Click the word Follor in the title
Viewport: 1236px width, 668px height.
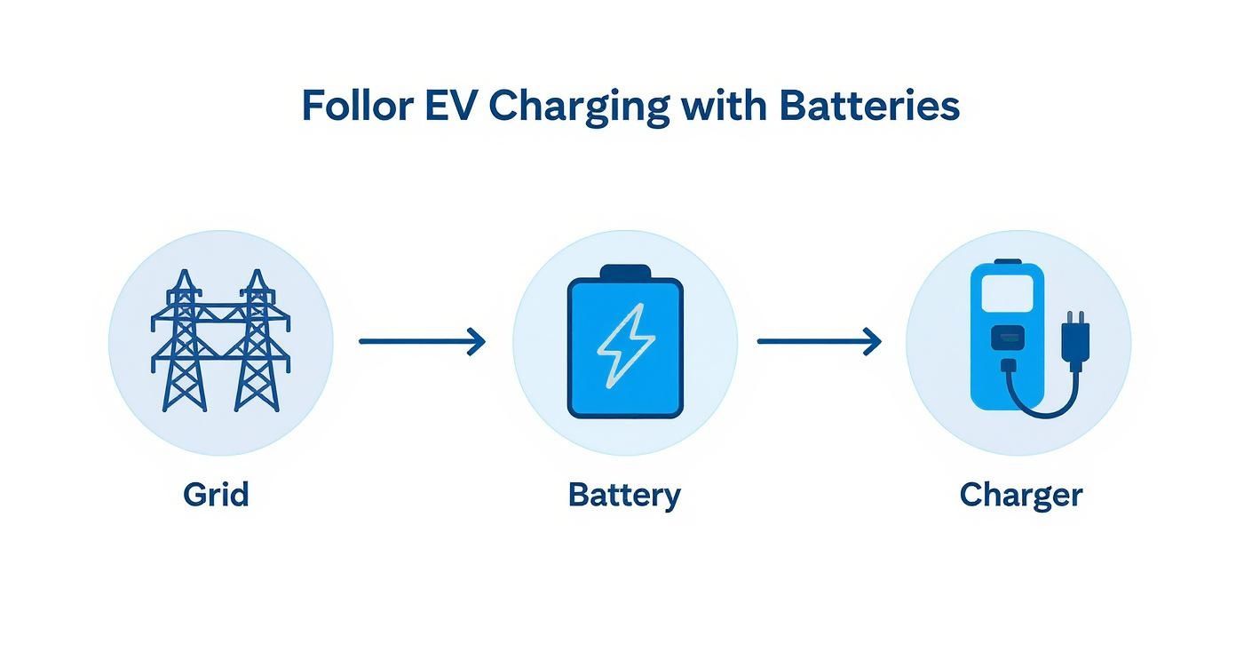click(x=357, y=106)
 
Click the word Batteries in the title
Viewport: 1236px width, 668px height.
click(x=869, y=106)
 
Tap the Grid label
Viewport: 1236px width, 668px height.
click(x=216, y=494)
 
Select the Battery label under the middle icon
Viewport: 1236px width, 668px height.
click(x=624, y=495)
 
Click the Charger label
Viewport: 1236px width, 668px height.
click(x=1021, y=495)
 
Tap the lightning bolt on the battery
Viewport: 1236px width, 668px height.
click(x=625, y=346)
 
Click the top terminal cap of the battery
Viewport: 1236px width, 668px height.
click(x=625, y=271)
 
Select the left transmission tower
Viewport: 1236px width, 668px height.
click(x=184, y=342)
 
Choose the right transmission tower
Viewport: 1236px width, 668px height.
click(x=257, y=342)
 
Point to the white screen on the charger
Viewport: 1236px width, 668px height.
click(x=1007, y=292)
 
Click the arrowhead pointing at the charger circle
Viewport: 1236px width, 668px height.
click(x=874, y=341)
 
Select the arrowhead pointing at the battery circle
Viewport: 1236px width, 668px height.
click(x=478, y=341)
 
